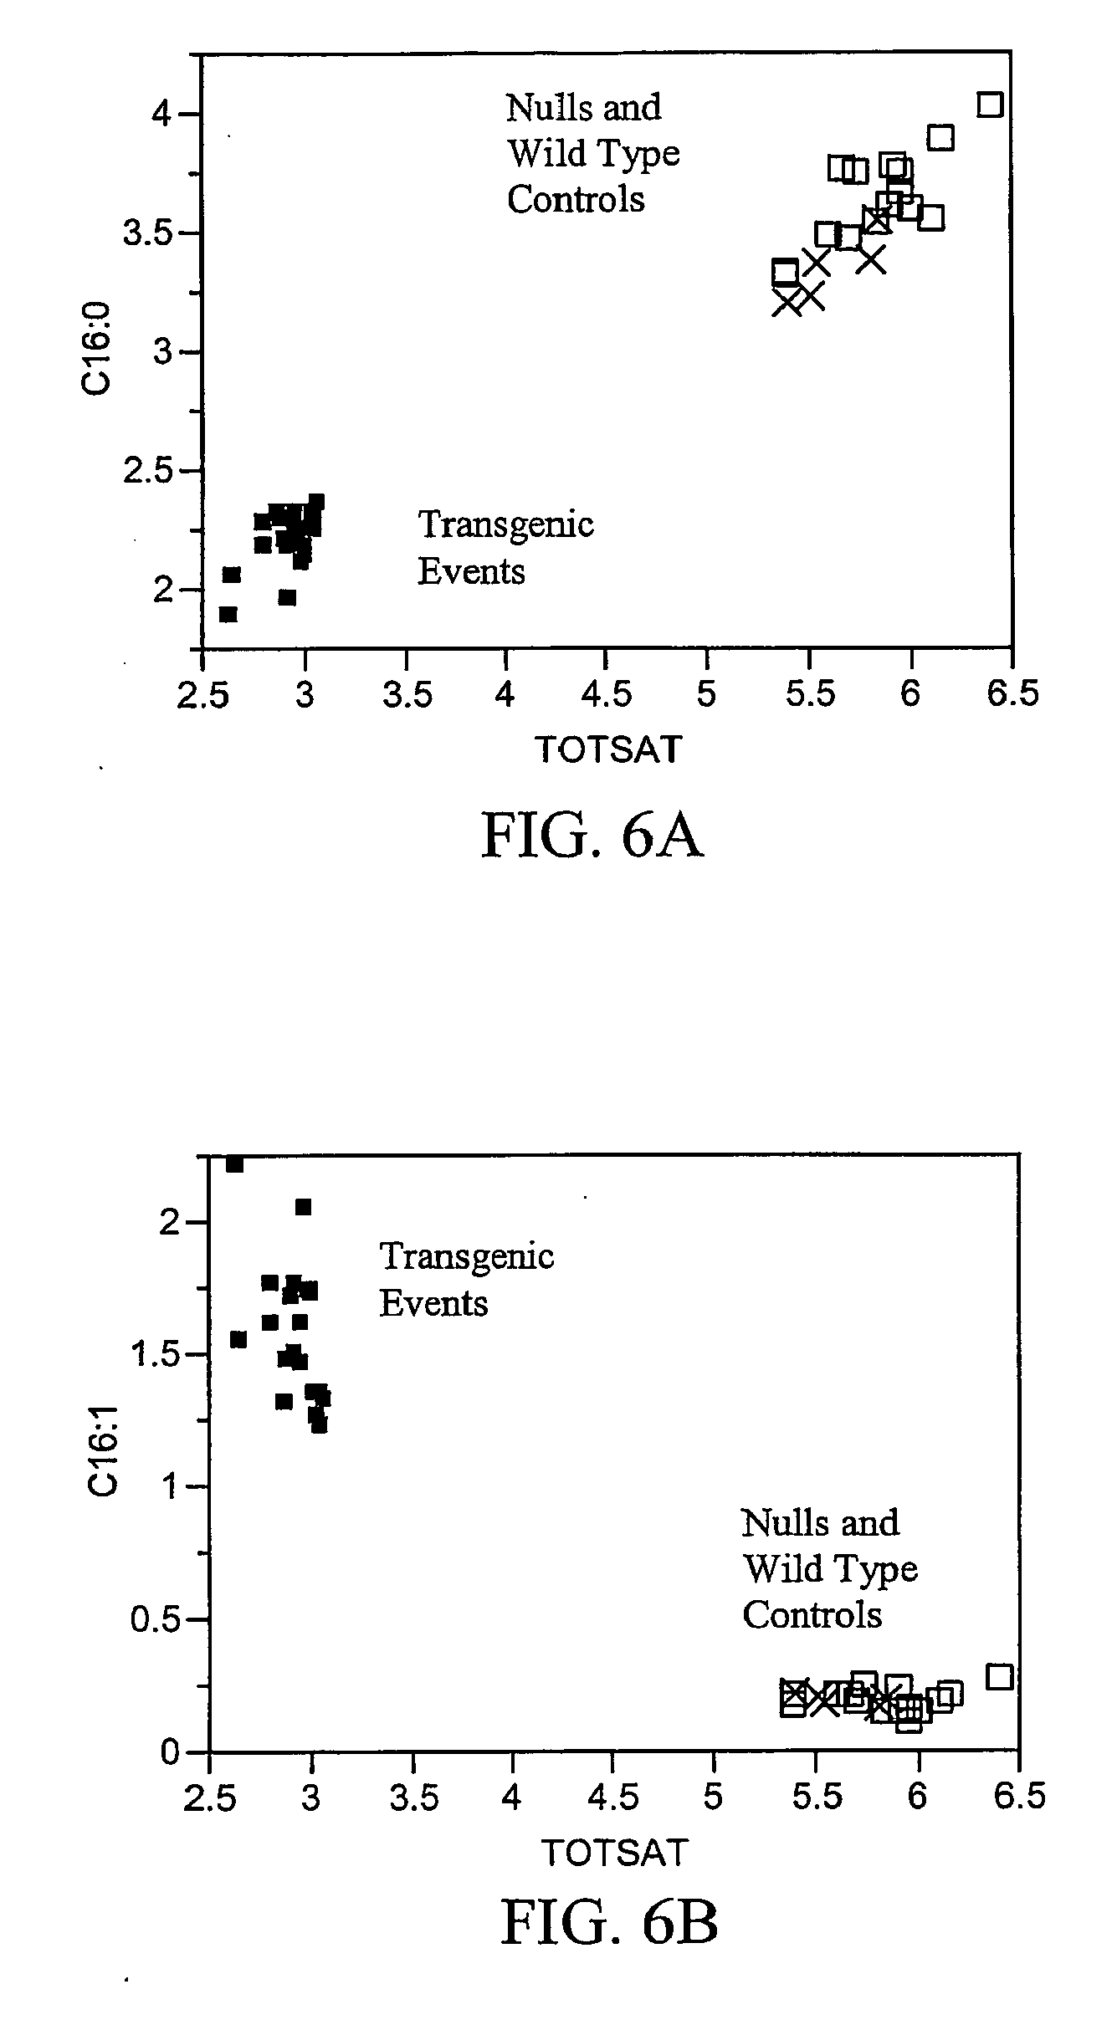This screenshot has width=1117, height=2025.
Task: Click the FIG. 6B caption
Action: [x=608, y=1920]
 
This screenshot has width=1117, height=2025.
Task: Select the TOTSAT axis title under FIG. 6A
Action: [x=608, y=749]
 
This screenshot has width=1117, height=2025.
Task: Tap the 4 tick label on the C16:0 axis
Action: [x=161, y=114]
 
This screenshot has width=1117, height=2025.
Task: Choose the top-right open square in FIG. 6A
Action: [x=990, y=105]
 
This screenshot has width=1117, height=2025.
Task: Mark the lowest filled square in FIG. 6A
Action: [x=228, y=615]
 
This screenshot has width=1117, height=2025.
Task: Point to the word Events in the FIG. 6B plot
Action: [x=433, y=1304]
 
